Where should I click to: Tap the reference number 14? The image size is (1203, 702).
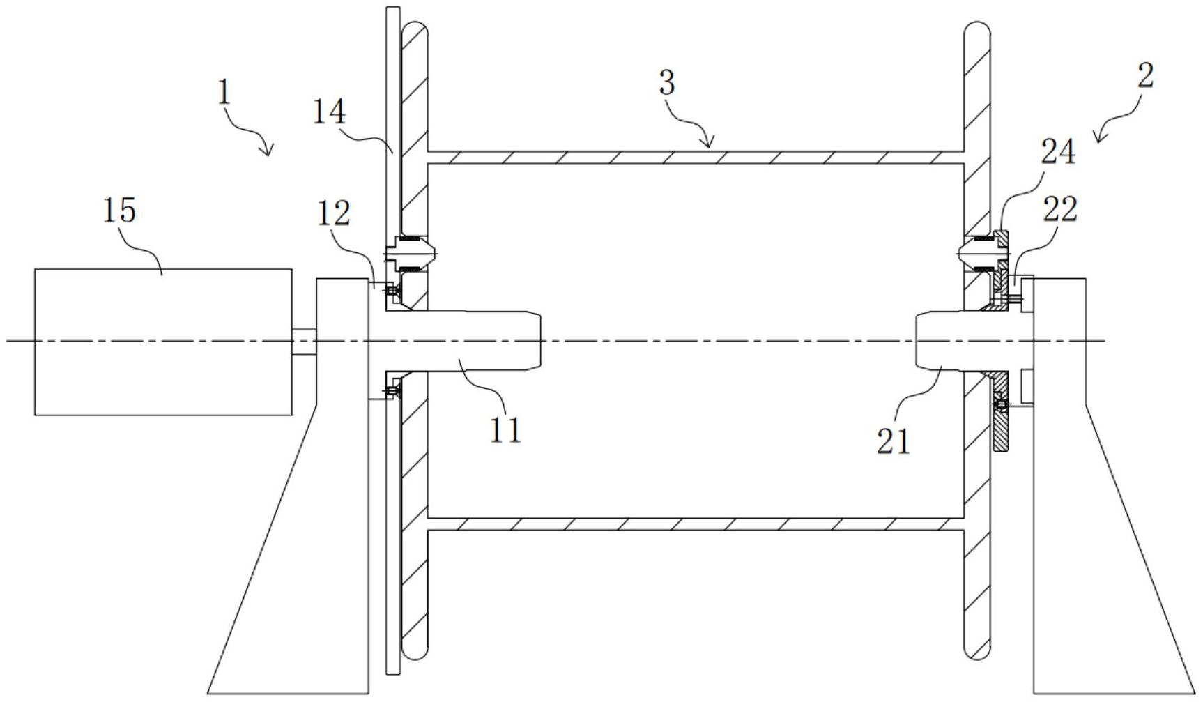(x=328, y=112)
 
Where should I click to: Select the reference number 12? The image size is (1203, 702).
(x=333, y=214)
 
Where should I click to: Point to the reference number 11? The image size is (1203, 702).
(x=505, y=430)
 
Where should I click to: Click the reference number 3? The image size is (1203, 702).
(x=666, y=83)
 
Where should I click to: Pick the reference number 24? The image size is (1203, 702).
(x=1058, y=152)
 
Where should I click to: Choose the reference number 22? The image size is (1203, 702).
(x=1060, y=209)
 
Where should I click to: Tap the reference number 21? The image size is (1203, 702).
(x=894, y=441)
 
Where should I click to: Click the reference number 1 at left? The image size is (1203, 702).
(x=224, y=93)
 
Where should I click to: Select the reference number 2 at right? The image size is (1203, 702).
(x=1146, y=75)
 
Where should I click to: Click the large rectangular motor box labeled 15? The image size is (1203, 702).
(x=163, y=342)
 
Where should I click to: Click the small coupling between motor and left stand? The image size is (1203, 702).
(x=304, y=341)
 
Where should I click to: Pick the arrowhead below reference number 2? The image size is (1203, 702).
(x=1100, y=137)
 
